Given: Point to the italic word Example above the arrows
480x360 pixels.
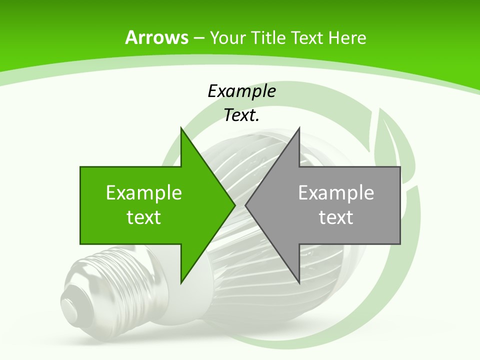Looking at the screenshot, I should (x=241, y=91).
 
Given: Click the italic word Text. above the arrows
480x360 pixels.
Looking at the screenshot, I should (x=241, y=115).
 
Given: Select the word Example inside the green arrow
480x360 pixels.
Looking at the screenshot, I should (x=144, y=192).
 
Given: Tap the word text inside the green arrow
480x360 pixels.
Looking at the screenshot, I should (x=144, y=217).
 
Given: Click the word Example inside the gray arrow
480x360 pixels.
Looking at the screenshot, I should (x=336, y=192).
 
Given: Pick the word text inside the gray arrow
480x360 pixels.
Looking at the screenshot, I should (x=336, y=217).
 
